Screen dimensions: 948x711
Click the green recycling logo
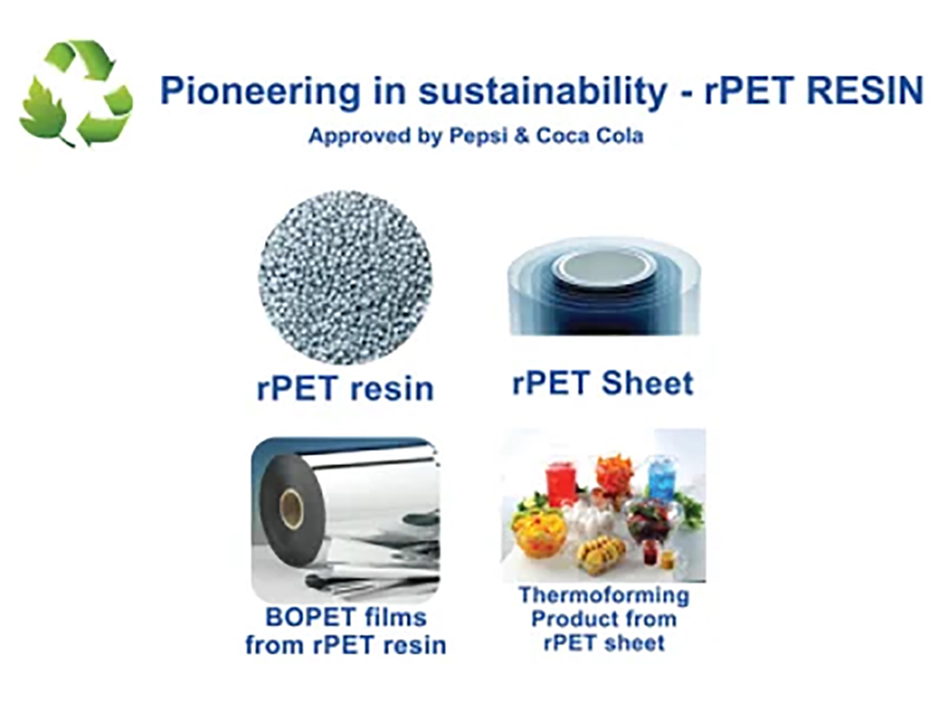[x=76, y=93]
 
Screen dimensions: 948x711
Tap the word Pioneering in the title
[x=259, y=92]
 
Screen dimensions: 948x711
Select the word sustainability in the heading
[x=543, y=92]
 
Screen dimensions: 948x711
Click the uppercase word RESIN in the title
[x=866, y=90]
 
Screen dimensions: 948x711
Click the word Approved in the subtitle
[x=360, y=135]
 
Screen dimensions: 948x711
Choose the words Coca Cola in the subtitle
[x=589, y=135]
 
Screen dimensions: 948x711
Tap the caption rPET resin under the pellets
[x=345, y=388]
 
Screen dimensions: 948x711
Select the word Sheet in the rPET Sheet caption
[x=647, y=382]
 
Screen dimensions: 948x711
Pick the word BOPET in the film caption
[x=306, y=617]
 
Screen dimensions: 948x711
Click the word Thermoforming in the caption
[x=604, y=595]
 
